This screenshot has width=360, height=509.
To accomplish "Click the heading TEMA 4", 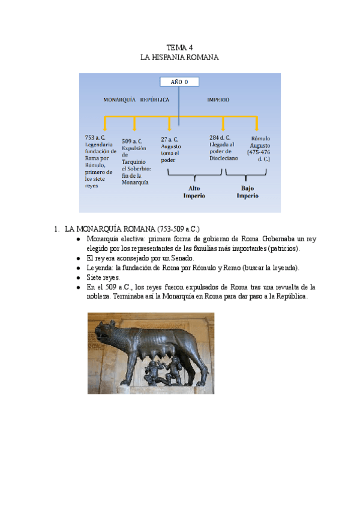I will point(179,47).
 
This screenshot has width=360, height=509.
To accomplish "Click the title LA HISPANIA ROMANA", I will point(179,57).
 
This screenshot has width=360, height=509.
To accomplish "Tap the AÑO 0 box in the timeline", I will point(179,82).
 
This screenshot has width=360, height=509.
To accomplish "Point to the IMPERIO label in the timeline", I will point(218,100).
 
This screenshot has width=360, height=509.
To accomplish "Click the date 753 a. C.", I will point(95,137).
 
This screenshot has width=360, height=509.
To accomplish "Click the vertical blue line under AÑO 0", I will point(179,105).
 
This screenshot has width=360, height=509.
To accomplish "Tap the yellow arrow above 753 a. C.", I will point(106,124).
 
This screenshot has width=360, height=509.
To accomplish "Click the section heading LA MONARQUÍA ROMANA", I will point(132,229).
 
